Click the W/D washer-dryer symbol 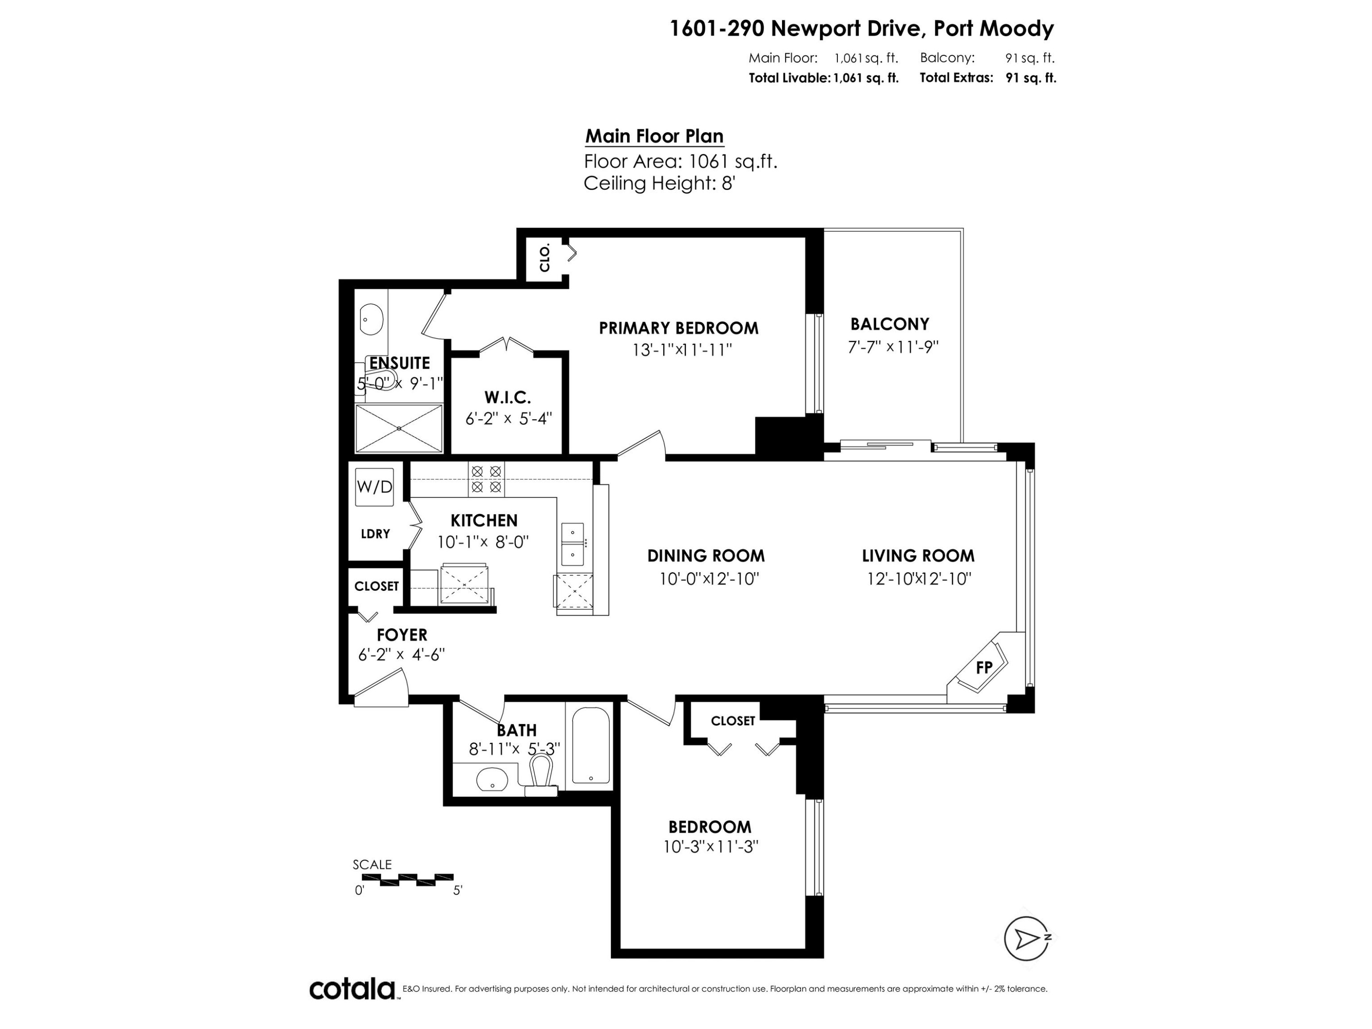click(x=374, y=487)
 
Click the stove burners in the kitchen click(x=486, y=479)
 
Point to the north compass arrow click(x=1027, y=938)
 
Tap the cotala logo click(x=352, y=989)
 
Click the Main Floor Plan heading click(x=654, y=136)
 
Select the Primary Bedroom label click(x=679, y=328)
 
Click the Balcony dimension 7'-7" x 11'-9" click(x=893, y=347)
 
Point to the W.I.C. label click(x=507, y=397)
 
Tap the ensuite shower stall click(x=399, y=428)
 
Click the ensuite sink click(x=371, y=320)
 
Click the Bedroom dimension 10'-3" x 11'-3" click(x=711, y=847)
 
